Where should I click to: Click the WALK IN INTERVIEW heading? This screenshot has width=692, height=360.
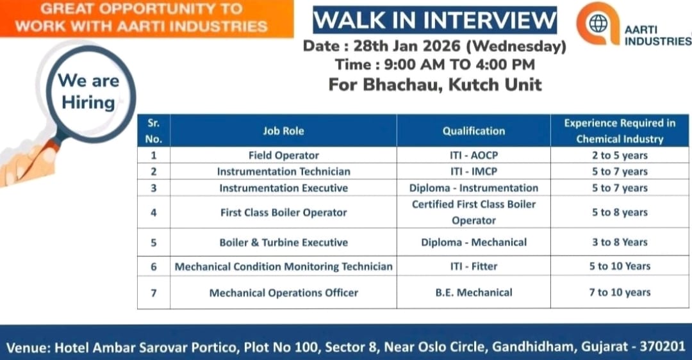coord(434,20)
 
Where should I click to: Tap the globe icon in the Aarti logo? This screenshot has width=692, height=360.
coord(598,24)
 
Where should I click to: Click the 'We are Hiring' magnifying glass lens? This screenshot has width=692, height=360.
coord(88,92)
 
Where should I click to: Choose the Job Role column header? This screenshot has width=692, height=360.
coord(283,131)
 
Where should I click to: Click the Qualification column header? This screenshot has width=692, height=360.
coord(474,131)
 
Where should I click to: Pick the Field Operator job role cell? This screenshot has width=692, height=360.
coord(283,155)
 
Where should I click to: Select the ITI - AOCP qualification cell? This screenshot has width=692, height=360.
coord(474,155)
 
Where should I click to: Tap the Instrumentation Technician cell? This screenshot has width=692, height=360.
coord(283,172)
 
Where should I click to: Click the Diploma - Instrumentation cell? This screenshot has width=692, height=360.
coord(474,188)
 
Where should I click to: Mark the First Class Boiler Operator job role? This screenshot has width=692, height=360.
coord(283,213)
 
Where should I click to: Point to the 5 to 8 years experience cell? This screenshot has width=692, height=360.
coord(620,213)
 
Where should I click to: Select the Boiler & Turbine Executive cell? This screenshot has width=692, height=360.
coord(283,242)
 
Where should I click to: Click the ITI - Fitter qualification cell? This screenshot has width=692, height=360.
coord(474,266)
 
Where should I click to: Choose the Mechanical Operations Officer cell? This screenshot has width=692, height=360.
coord(283,293)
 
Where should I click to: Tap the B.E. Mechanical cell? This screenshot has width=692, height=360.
coord(474,293)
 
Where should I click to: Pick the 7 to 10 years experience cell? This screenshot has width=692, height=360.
coord(620,293)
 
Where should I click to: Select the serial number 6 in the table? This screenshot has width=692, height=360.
coord(154,266)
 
